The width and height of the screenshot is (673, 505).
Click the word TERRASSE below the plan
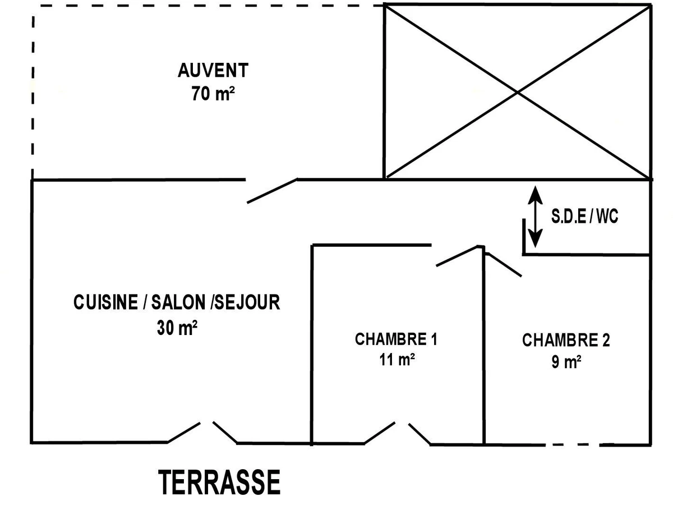219,483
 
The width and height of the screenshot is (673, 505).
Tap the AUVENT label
213,71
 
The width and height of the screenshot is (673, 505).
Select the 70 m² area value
213,94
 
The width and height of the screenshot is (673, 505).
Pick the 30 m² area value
177,328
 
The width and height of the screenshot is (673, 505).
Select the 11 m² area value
397,360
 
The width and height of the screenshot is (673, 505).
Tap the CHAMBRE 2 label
566,340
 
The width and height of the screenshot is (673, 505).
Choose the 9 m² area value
565,362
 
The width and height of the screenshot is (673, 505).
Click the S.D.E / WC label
584,217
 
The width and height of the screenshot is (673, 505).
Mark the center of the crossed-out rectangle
517,91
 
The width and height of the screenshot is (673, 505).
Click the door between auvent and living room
272,191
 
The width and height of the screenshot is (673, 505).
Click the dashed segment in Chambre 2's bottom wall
572,444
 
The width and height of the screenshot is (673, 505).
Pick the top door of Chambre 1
457,256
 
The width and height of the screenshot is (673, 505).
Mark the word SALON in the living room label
178,302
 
